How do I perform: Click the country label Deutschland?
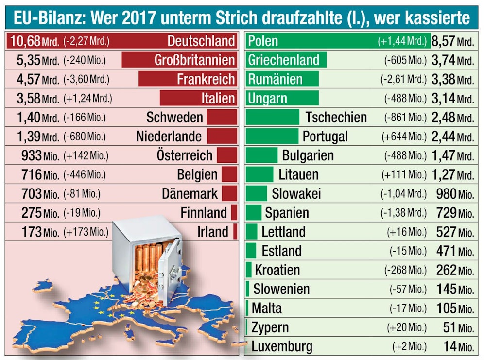(x=201, y=41)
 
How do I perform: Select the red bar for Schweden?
(x=222, y=117)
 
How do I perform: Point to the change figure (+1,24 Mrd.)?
(x=87, y=99)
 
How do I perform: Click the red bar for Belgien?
(x=229, y=174)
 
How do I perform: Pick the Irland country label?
(x=212, y=232)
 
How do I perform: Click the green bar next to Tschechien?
(x=272, y=117)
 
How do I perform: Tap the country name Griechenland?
(x=283, y=60)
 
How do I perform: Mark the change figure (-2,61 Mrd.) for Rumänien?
(x=403, y=79)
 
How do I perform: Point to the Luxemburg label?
(x=282, y=347)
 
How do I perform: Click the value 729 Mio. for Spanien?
(x=454, y=213)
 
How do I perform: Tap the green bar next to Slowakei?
(x=256, y=194)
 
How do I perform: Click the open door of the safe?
(x=172, y=272)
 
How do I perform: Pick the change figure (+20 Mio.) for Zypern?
(x=407, y=327)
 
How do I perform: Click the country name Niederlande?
(x=169, y=137)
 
